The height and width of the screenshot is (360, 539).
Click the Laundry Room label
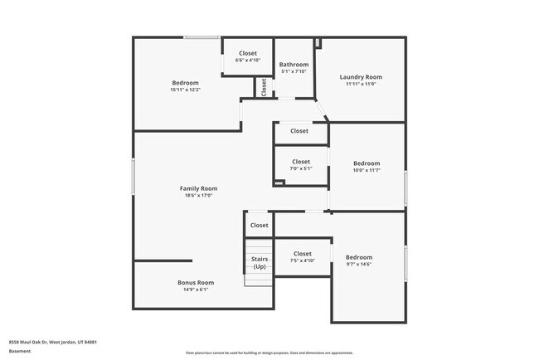coord(361,77)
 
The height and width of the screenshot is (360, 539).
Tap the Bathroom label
coord(294,65)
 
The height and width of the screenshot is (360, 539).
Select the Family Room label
coord(198,188)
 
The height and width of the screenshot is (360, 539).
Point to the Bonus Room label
coord(196,283)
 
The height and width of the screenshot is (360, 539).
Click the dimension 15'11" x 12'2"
coord(185,90)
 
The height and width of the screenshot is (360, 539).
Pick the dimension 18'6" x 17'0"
coord(198,196)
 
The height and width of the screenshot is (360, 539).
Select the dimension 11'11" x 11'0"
coord(361,84)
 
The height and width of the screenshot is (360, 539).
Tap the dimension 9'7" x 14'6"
coord(359,264)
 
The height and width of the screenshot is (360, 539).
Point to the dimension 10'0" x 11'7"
coord(367,170)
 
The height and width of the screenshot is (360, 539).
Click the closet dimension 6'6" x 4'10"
coord(248,61)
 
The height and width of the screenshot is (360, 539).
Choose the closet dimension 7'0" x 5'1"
coord(300,168)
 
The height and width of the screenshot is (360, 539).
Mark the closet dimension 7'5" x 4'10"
coord(302,260)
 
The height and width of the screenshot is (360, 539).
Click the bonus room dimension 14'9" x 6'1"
coord(196,289)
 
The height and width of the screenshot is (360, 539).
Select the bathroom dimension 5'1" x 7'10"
coord(294,71)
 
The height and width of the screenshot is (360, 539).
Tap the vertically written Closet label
coord(264,86)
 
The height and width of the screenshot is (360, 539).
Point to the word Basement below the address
coord(20,351)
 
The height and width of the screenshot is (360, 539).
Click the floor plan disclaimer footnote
coord(269,352)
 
